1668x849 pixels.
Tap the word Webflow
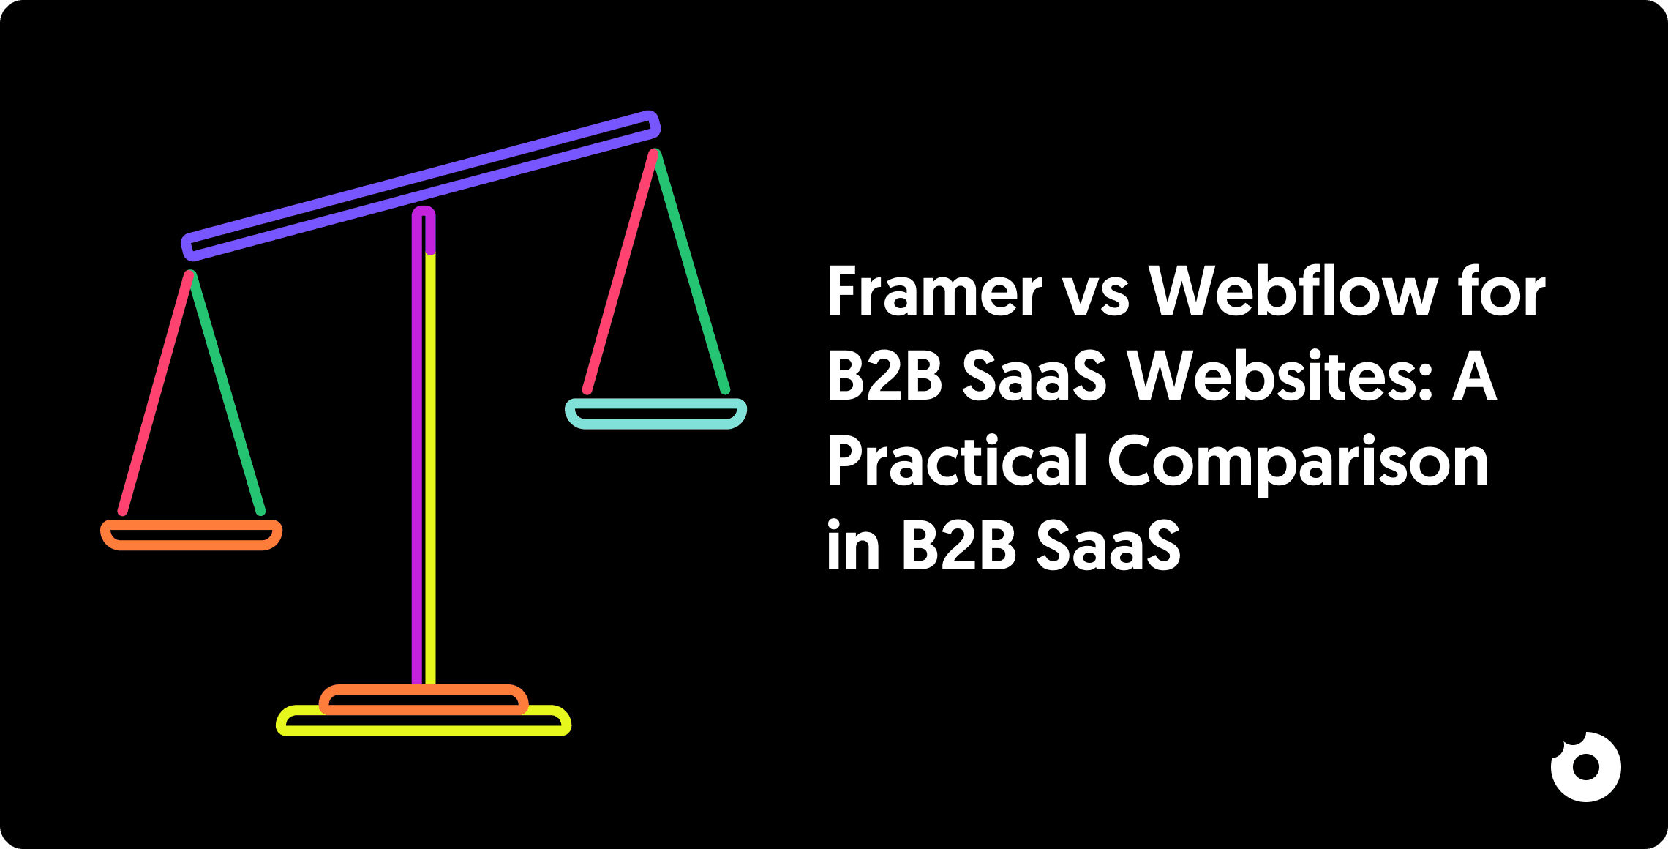click(1293, 292)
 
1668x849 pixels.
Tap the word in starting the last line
click(853, 545)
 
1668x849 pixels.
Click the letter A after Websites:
click(1474, 376)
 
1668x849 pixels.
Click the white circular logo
click(1585, 767)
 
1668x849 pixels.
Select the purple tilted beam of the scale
click(421, 186)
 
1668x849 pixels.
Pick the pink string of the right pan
click(620, 272)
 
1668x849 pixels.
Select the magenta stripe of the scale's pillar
click(417, 454)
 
